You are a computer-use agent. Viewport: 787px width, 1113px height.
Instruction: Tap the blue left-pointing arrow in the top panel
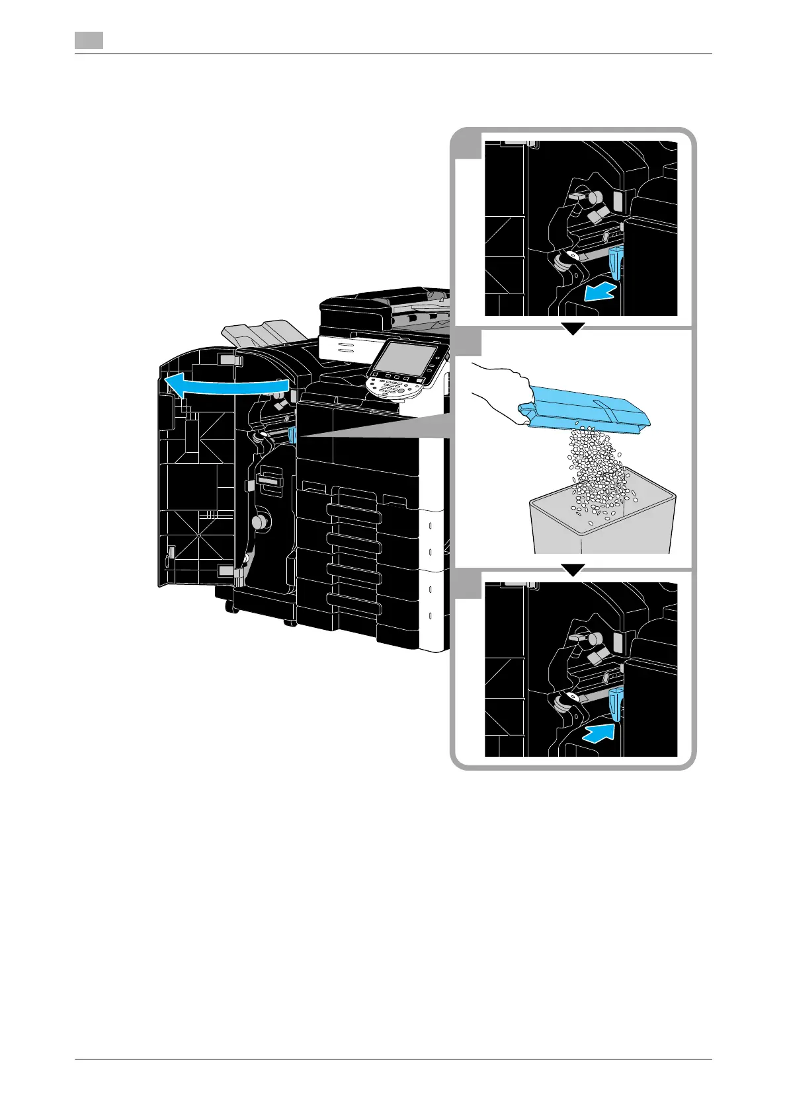[601, 292]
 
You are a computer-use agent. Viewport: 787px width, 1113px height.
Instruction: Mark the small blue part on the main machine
[292, 434]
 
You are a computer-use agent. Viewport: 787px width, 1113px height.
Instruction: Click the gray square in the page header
[88, 40]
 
